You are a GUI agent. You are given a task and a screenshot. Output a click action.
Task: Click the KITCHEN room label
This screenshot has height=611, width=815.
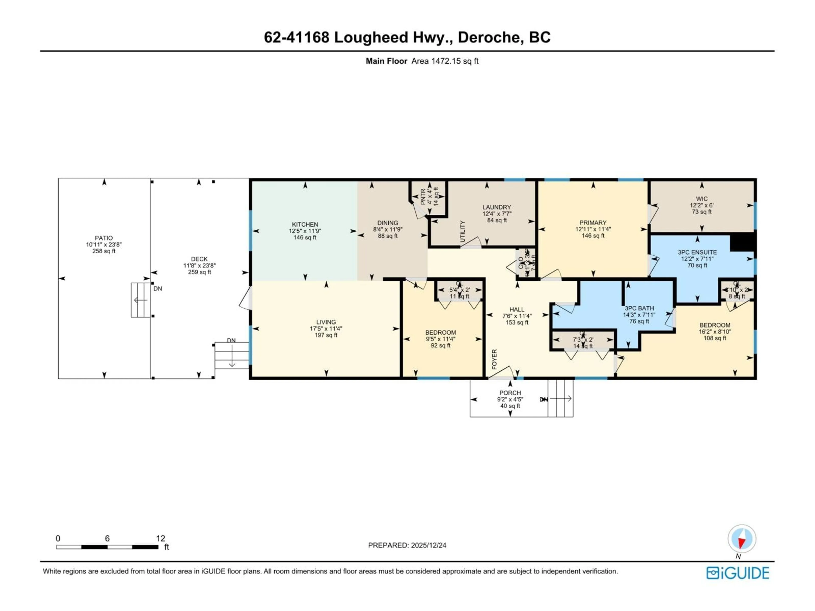coord(305,224)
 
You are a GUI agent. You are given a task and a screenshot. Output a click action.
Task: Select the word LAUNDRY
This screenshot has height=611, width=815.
coord(497,207)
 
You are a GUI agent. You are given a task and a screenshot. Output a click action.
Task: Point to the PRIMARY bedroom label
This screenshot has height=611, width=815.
coord(593,223)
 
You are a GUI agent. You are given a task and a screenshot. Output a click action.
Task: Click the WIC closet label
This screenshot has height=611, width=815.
coord(701,199)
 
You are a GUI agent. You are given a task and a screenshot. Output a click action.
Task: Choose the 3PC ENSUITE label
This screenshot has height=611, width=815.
coord(697,252)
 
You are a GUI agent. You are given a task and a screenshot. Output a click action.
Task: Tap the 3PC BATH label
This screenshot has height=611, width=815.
coord(639,308)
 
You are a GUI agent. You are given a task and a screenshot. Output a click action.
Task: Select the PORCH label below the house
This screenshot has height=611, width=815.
coord(510,393)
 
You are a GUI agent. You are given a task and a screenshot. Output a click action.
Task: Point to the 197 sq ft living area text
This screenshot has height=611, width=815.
coord(326,335)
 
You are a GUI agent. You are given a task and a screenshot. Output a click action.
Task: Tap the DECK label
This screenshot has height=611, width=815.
coord(199,259)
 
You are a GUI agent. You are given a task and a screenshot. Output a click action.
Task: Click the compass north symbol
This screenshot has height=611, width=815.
coord(742,539)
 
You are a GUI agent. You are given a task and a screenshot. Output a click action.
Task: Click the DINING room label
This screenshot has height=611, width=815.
coord(388,223)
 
